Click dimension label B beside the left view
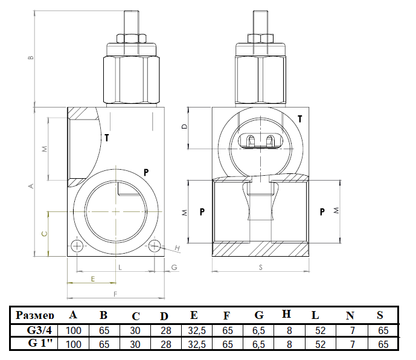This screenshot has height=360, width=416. pyautogui.click(x=31, y=57)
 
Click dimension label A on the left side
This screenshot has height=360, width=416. pyautogui.click(x=31, y=186)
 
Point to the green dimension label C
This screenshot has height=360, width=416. pyautogui.click(x=45, y=234)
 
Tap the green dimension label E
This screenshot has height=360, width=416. pyautogui.click(x=92, y=279)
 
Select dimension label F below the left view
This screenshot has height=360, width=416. pyautogui.click(x=115, y=294)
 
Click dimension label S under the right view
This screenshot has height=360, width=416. pyautogui.click(x=261, y=268)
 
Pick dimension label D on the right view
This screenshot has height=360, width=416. pyautogui.click(x=184, y=127)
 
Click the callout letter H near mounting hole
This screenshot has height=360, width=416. pyautogui.click(x=178, y=248)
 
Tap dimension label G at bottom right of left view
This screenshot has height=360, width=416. pyautogui.click(x=174, y=267)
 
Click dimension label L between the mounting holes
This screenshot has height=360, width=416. pyautogui.click(x=120, y=268)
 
